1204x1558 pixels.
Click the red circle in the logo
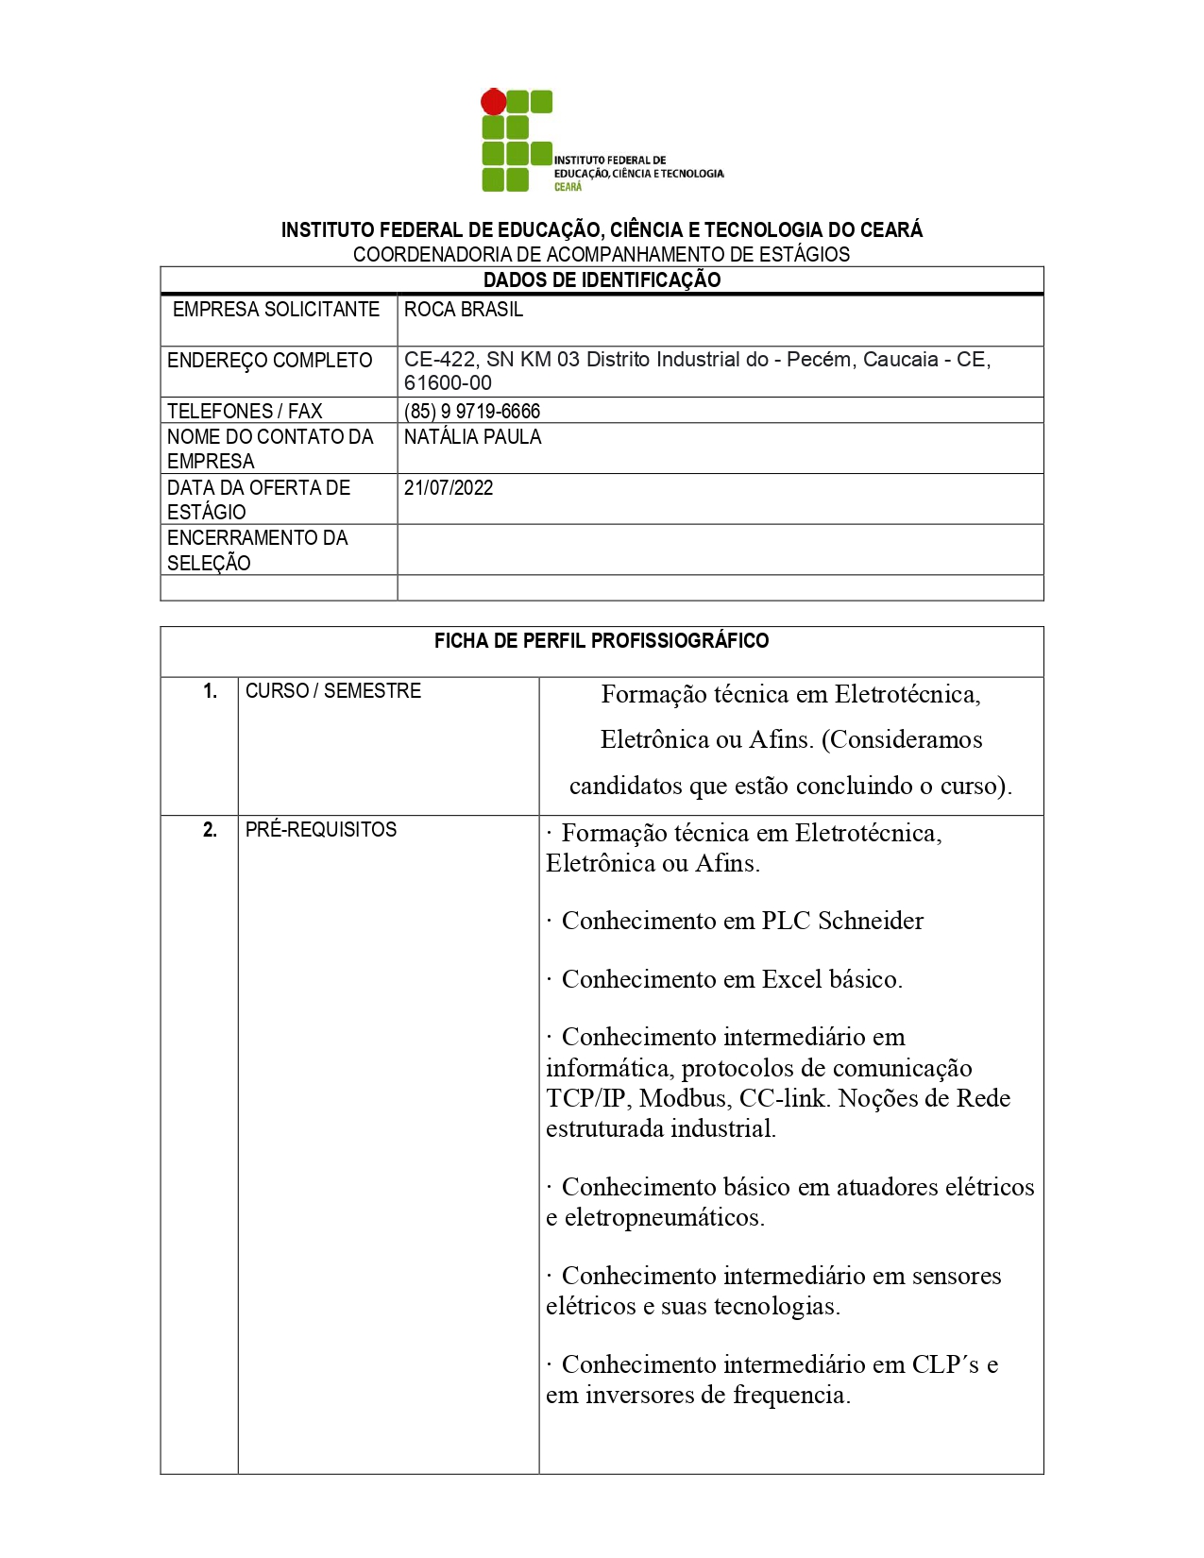(x=493, y=102)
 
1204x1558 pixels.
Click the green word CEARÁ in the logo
(x=568, y=187)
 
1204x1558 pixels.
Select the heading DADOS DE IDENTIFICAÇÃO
(x=602, y=279)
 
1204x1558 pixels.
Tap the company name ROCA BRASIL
(x=463, y=310)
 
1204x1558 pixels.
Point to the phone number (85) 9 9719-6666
(x=472, y=411)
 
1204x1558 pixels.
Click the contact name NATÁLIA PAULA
(x=472, y=437)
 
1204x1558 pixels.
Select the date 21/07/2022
(x=449, y=488)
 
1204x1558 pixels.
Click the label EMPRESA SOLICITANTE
(x=276, y=310)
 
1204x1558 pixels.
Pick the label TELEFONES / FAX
(x=245, y=411)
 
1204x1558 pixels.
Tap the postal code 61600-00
(x=448, y=383)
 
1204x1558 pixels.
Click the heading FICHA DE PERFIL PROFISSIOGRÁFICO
(x=602, y=641)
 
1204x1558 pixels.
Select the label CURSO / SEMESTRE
(x=333, y=691)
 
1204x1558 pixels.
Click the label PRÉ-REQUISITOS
(x=321, y=830)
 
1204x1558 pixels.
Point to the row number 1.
(x=210, y=691)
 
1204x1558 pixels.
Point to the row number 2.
(x=210, y=830)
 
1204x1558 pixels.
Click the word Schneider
(x=871, y=921)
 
